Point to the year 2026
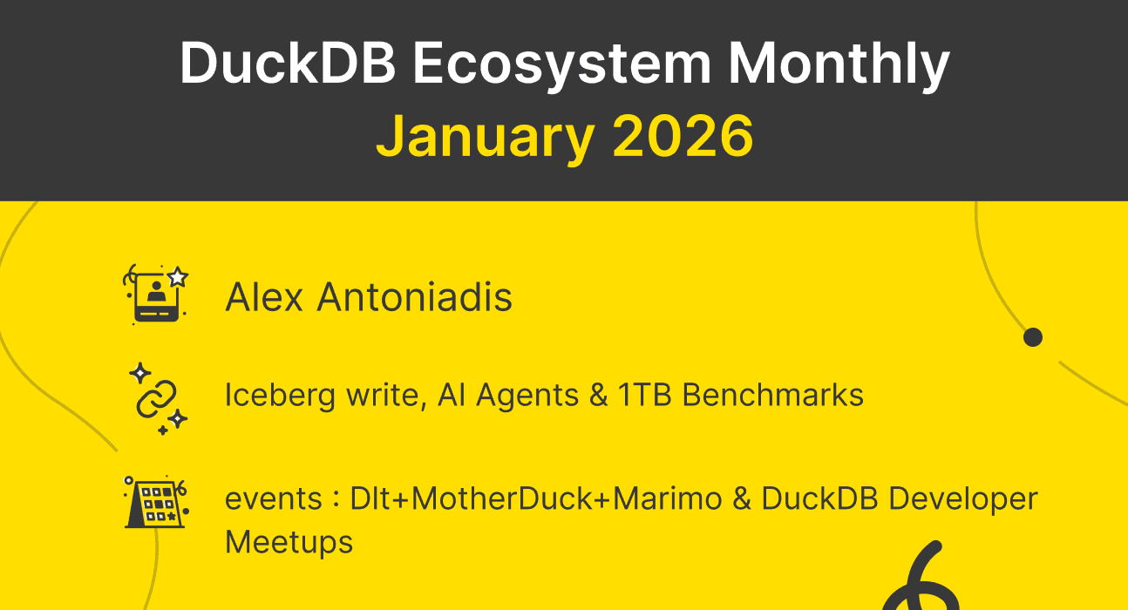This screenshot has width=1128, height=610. tap(683, 137)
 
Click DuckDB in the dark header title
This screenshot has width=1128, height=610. tap(289, 65)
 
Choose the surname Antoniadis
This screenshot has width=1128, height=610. tap(414, 297)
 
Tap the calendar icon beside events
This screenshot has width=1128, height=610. tap(155, 503)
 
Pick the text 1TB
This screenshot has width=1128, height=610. tap(646, 396)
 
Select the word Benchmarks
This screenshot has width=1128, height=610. tap(773, 396)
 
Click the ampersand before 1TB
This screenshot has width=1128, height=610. tap(599, 396)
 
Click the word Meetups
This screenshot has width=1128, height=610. tap(289, 542)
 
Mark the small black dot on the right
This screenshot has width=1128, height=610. tap(1033, 337)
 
